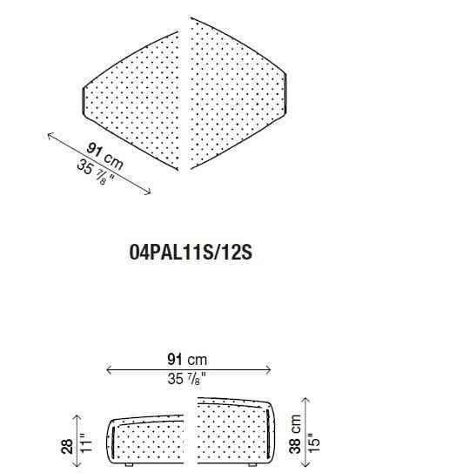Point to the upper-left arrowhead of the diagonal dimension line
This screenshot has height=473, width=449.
click(50, 134)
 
